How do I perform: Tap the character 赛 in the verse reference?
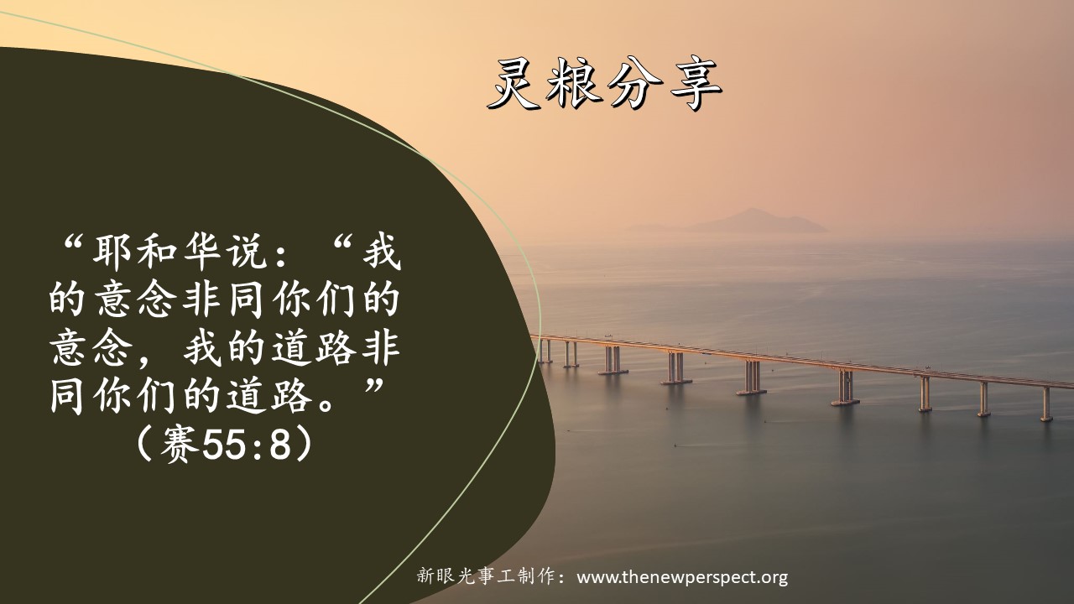point(180,445)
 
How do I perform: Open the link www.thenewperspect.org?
point(682,577)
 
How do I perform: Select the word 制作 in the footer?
point(534,576)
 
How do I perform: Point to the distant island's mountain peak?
point(752,210)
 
